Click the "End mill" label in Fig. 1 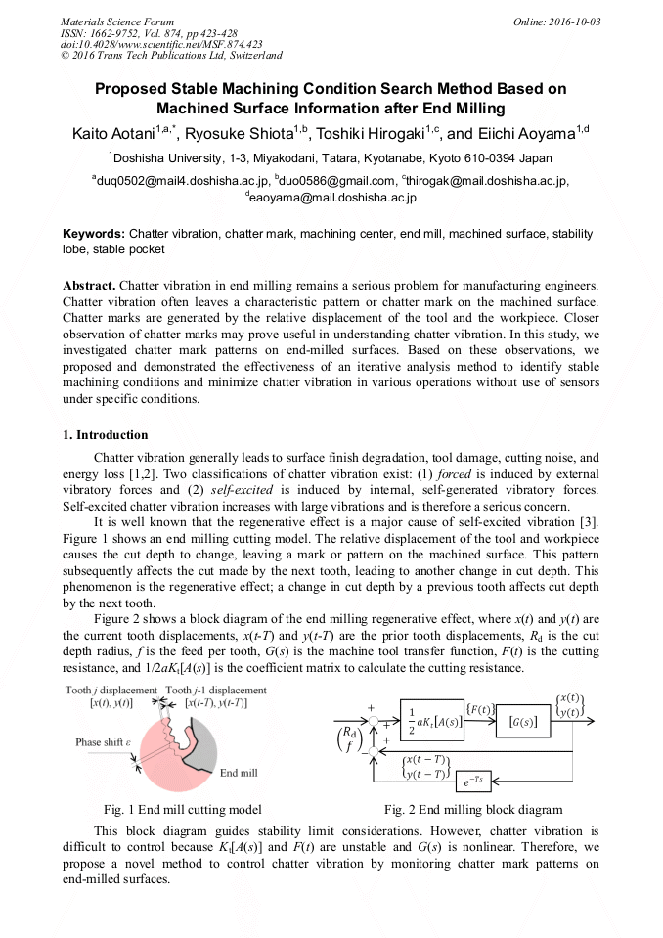(x=239, y=773)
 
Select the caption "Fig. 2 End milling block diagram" (x=473, y=809)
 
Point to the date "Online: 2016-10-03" (x=556, y=22)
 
